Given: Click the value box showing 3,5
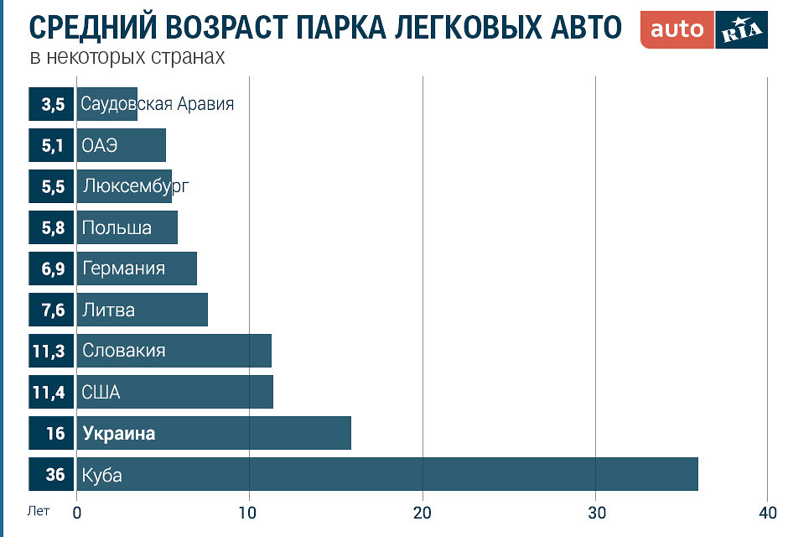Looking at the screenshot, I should [51, 104].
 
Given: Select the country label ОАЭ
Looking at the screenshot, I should [100, 145].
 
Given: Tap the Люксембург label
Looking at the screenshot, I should [134, 186].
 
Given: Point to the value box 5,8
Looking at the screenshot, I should [51, 227].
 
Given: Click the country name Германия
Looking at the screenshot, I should [123, 268].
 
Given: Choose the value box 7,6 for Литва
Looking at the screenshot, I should [51, 310].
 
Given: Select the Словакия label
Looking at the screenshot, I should [123, 351].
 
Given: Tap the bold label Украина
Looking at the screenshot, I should [118, 434].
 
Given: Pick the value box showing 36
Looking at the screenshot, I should [51, 474].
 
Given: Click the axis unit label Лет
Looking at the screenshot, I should [38, 510].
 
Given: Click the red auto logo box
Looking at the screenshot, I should [677, 29].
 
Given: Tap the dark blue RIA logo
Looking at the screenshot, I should [741, 29].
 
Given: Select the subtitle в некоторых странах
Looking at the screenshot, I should [127, 58].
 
